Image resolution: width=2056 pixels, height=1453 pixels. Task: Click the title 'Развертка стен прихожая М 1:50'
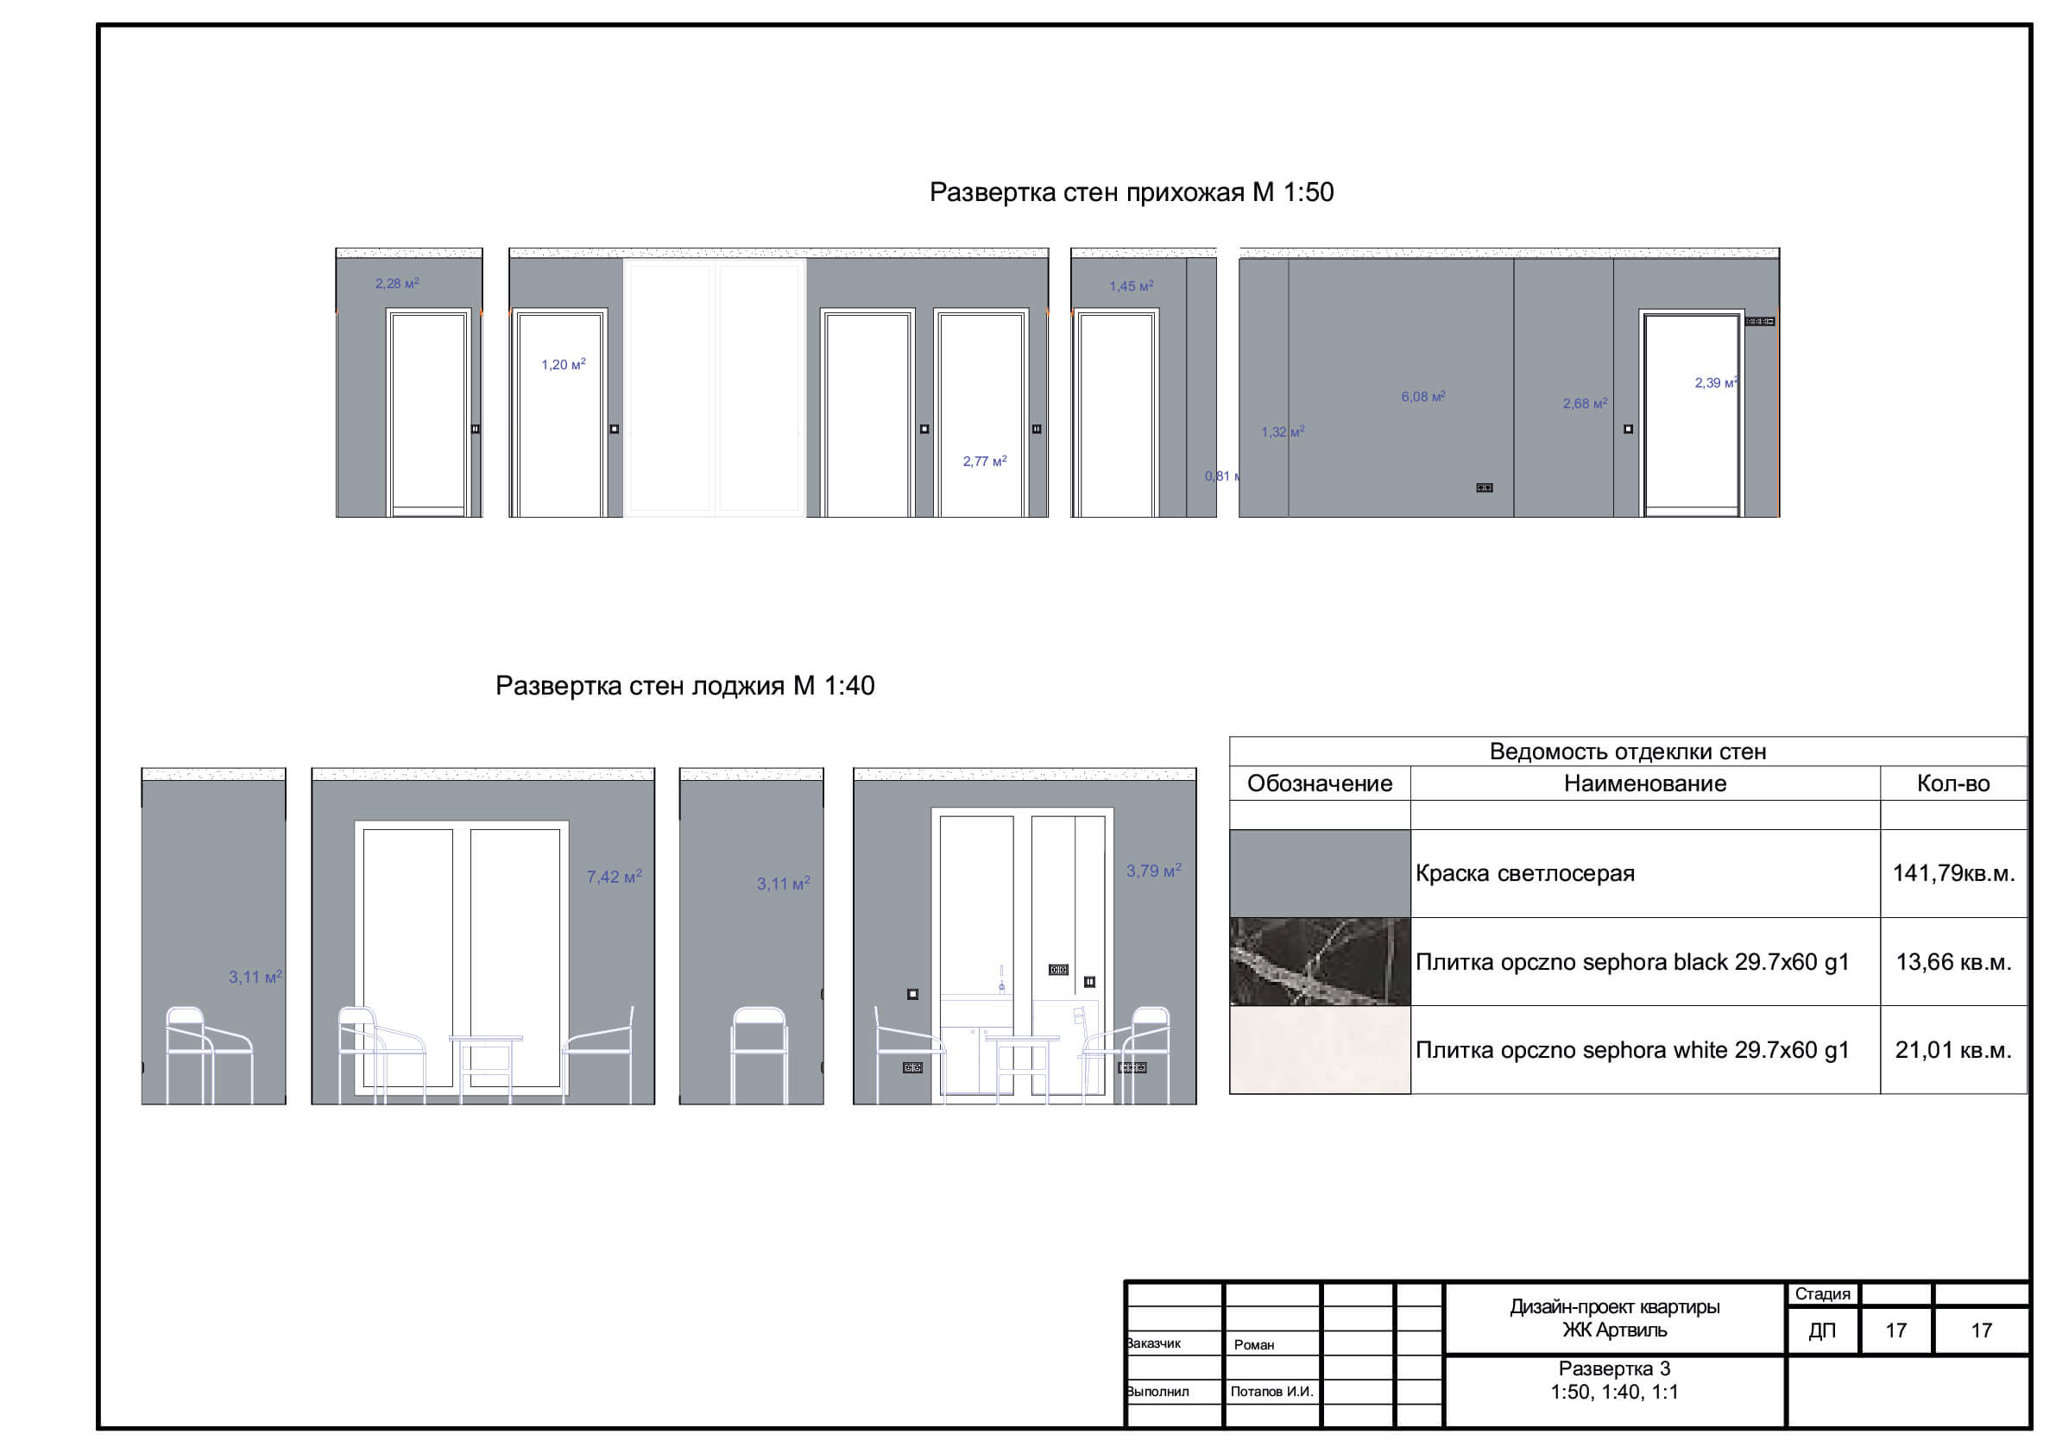(x=1131, y=192)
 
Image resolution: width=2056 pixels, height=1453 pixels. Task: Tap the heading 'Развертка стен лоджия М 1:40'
(x=685, y=686)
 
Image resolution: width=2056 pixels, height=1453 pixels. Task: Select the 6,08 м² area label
(x=1423, y=397)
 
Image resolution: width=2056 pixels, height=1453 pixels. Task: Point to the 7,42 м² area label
(x=615, y=877)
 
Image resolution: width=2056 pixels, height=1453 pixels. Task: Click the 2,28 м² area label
(x=397, y=284)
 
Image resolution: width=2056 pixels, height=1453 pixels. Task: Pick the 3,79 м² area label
(x=1153, y=871)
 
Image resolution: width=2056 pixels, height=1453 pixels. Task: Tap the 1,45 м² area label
(x=1131, y=286)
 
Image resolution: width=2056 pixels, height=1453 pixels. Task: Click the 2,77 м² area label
(x=984, y=461)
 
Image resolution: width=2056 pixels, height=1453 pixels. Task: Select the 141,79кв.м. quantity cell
(x=1953, y=874)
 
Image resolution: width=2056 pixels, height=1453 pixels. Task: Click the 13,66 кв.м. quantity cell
(x=1953, y=962)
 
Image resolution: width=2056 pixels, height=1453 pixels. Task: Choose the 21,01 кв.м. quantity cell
(x=1953, y=1050)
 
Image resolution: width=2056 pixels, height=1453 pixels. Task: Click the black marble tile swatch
(x=1320, y=961)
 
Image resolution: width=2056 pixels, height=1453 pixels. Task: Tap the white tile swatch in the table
(x=1320, y=1049)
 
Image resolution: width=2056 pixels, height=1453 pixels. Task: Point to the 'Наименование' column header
(x=1645, y=783)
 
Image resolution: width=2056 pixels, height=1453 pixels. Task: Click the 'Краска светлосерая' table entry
(x=1525, y=874)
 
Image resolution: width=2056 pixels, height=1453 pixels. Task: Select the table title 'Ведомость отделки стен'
(x=1627, y=752)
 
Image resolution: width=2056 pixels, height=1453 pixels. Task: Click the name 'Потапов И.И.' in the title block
(x=1271, y=1392)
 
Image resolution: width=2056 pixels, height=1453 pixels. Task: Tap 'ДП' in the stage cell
(x=1822, y=1331)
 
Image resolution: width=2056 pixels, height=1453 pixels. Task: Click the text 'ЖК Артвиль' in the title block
(x=1615, y=1330)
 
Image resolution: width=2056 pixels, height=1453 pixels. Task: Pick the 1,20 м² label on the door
(x=564, y=364)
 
